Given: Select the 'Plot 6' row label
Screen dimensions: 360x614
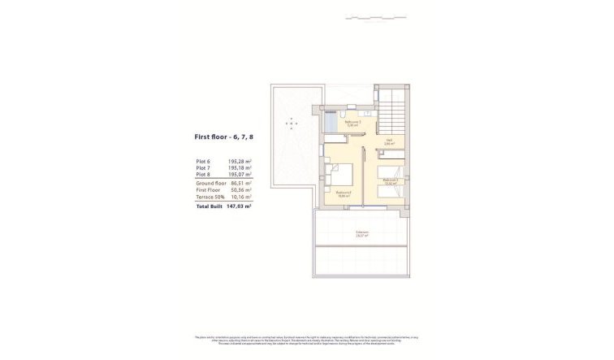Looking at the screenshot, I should click(203, 162).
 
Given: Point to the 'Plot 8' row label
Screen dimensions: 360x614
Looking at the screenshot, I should click(203, 174).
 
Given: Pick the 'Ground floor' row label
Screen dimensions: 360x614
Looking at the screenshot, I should click(210, 183).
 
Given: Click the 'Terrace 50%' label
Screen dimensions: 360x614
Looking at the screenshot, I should click(209, 196).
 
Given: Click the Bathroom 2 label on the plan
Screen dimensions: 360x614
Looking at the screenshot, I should click(352, 124).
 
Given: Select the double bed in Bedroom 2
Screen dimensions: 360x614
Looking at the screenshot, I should click(340, 175).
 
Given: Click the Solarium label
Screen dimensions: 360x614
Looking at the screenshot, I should click(361, 232).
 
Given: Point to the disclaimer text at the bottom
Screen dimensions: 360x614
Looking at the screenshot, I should click(307, 340).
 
